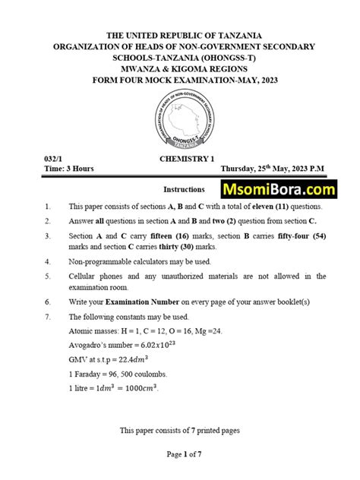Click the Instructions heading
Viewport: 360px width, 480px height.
click(184, 189)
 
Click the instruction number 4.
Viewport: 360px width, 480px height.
click(47, 261)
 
